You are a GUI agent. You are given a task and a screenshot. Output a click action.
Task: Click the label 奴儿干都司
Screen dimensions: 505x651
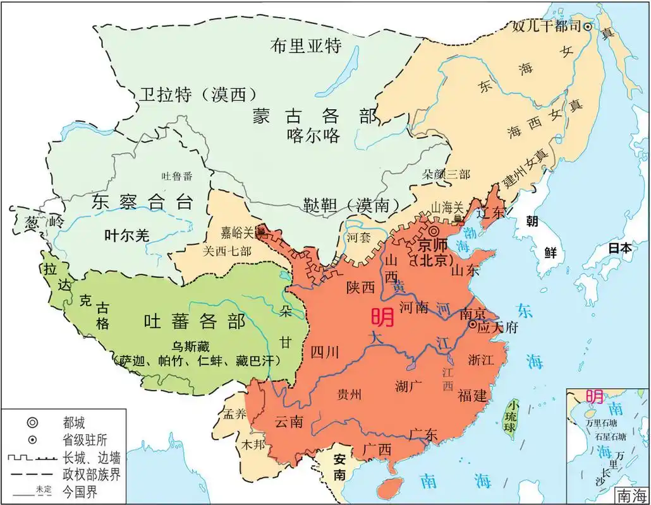pos(546,27)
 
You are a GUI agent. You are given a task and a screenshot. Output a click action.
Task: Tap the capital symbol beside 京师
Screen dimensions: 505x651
pos(435,232)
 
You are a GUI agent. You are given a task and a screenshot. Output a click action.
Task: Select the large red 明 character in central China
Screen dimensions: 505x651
pos(383,316)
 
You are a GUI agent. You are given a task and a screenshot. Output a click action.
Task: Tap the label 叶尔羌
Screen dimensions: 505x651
pos(127,235)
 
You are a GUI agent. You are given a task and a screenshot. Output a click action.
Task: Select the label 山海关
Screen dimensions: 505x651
pos(447,206)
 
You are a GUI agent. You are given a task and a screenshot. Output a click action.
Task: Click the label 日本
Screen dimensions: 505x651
pos(619,248)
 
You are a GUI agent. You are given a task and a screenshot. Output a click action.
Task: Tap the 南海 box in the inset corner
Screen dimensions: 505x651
pos(631,496)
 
